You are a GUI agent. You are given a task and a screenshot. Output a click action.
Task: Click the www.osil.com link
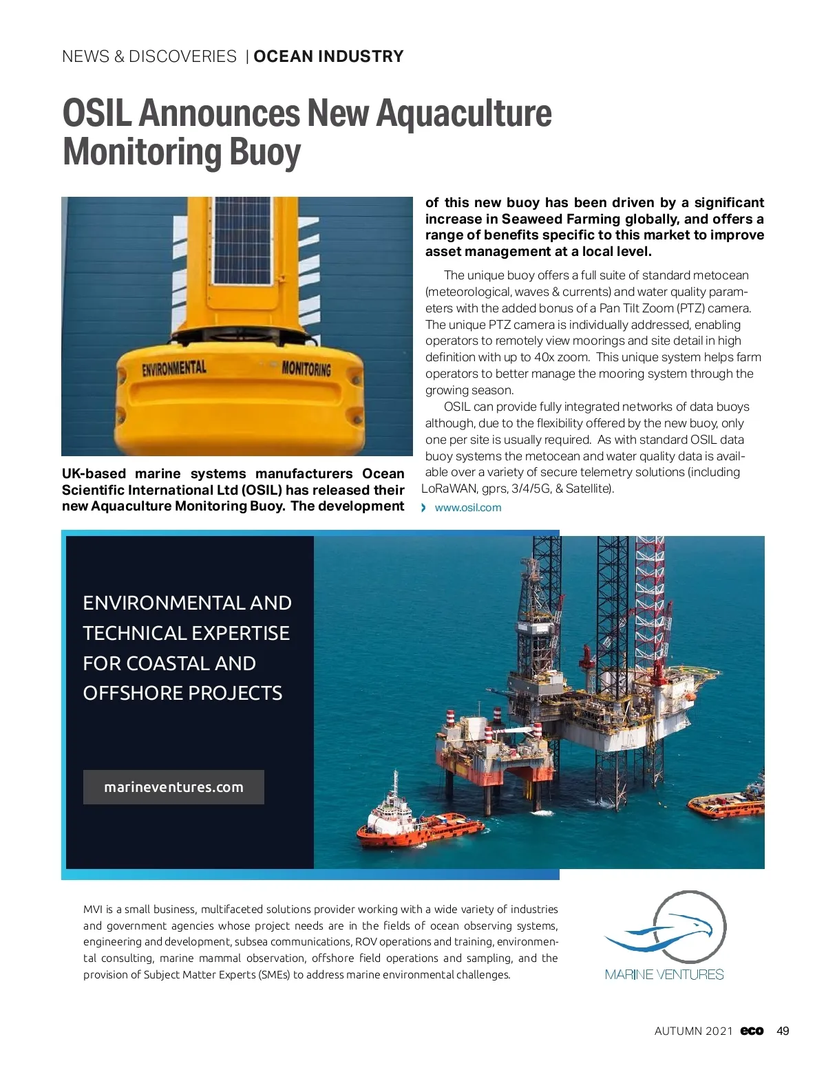(x=468, y=508)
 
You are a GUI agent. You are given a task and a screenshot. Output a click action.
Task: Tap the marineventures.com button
(x=173, y=787)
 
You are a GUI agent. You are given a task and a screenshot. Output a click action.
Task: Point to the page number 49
(x=783, y=1031)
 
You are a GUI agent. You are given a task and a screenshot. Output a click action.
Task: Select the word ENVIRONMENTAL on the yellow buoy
(x=174, y=368)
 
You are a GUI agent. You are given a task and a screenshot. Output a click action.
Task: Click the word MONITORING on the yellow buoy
(x=306, y=368)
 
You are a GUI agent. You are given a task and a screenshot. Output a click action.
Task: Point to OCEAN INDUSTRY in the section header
(x=328, y=56)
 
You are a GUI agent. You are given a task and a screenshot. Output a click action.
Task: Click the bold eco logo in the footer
(x=752, y=1031)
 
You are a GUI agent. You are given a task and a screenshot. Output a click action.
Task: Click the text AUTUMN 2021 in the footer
(x=693, y=1031)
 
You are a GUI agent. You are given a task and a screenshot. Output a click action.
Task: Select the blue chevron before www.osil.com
(x=424, y=508)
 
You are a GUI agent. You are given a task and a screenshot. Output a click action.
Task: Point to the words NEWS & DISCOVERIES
(x=149, y=56)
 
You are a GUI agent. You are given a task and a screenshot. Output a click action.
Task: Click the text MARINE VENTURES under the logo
(x=664, y=974)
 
